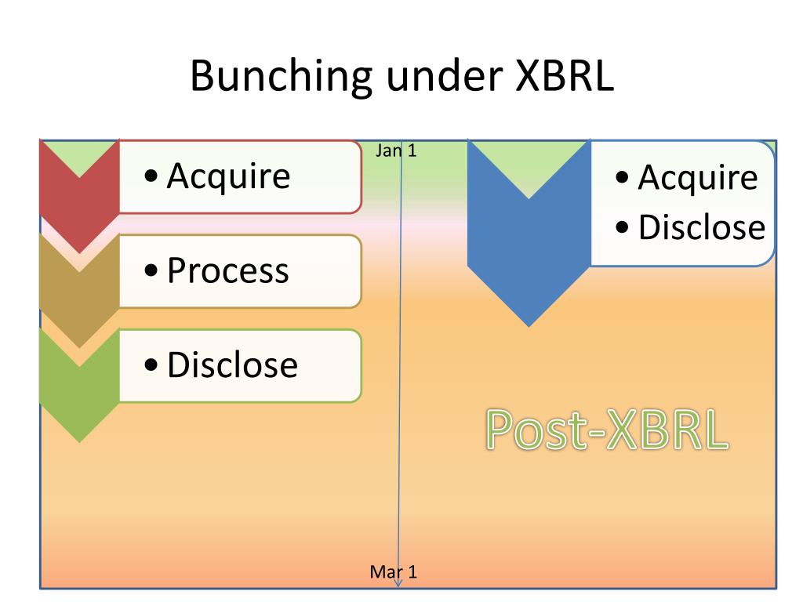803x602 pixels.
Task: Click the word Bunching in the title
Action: [x=282, y=77]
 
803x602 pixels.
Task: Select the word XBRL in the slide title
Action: [x=565, y=75]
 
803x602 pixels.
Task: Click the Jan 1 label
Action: [x=396, y=150]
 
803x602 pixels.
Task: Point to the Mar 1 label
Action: [x=394, y=571]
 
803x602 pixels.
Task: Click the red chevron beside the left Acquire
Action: [x=79, y=205]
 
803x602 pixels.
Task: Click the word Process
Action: [x=228, y=270]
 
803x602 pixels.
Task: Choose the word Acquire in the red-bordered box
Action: [x=228, y=177]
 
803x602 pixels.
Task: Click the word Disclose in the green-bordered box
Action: [x=232, y=364]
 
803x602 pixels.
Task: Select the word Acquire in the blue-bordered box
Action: [x=697, y=178]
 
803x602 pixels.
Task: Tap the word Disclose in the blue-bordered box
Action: [x=702, y=227]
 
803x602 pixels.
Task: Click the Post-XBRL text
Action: [x=607, y=430]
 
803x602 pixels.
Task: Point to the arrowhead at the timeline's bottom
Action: [x=398, y=583]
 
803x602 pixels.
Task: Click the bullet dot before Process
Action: [x=151, y=270]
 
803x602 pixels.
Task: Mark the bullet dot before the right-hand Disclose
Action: [x=622, y=227]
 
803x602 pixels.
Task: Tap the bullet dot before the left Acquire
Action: [x=151, y=176]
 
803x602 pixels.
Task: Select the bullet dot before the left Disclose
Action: [x=151, y=364]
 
